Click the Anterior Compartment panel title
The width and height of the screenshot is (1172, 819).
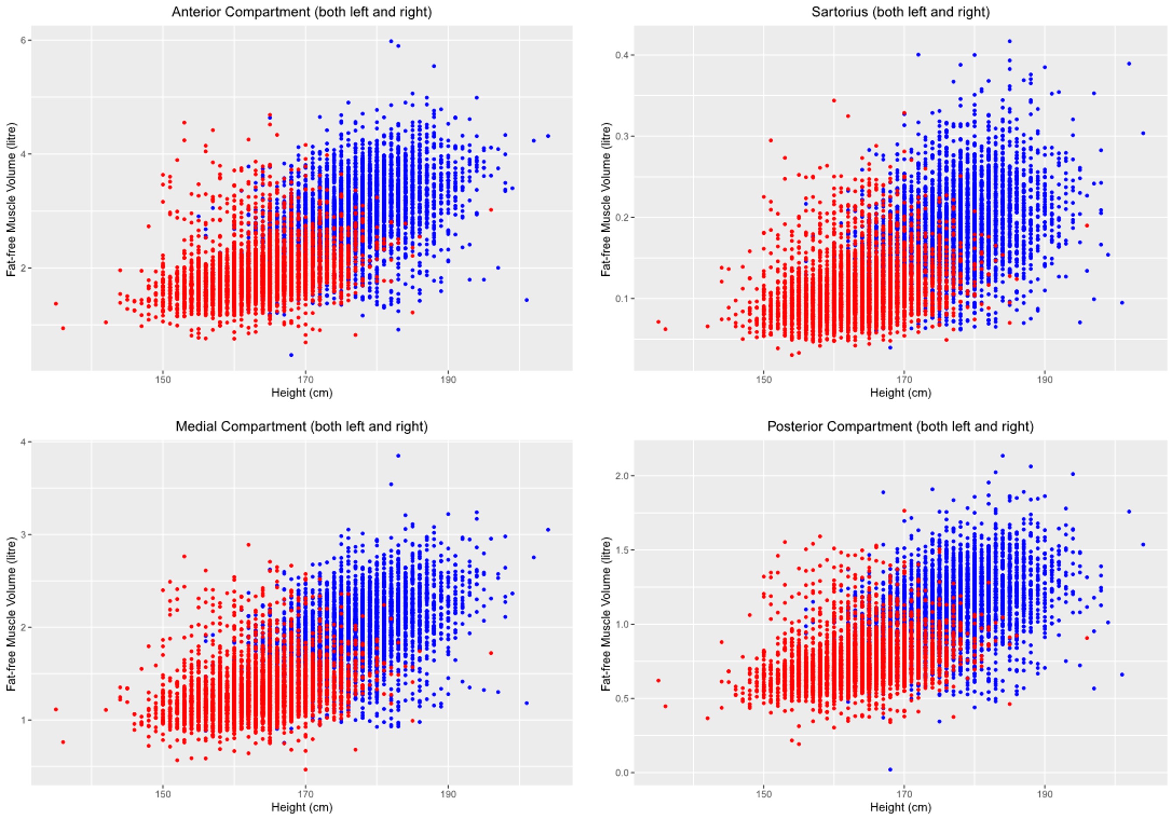[302, 12]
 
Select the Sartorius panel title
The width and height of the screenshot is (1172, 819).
[900, 12]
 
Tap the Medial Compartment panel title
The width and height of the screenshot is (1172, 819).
[302, 426]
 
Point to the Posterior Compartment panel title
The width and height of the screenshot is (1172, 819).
[900, 426]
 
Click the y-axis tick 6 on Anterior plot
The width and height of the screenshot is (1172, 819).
[23, 40]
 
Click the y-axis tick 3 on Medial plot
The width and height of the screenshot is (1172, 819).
[23, 534]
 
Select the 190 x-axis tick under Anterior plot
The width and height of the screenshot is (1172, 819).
[448, 380]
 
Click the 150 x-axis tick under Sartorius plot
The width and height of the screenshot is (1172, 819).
[763, 380]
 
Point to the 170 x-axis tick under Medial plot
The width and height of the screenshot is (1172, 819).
[305, 794]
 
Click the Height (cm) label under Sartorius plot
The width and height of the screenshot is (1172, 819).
[900, 393]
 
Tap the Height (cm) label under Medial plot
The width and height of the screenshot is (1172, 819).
[302, 807]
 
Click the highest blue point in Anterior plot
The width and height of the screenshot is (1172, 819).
[391, 41]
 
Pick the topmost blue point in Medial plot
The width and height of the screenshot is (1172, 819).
[398, 456]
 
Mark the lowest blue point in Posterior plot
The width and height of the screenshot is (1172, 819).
[890, 770]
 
